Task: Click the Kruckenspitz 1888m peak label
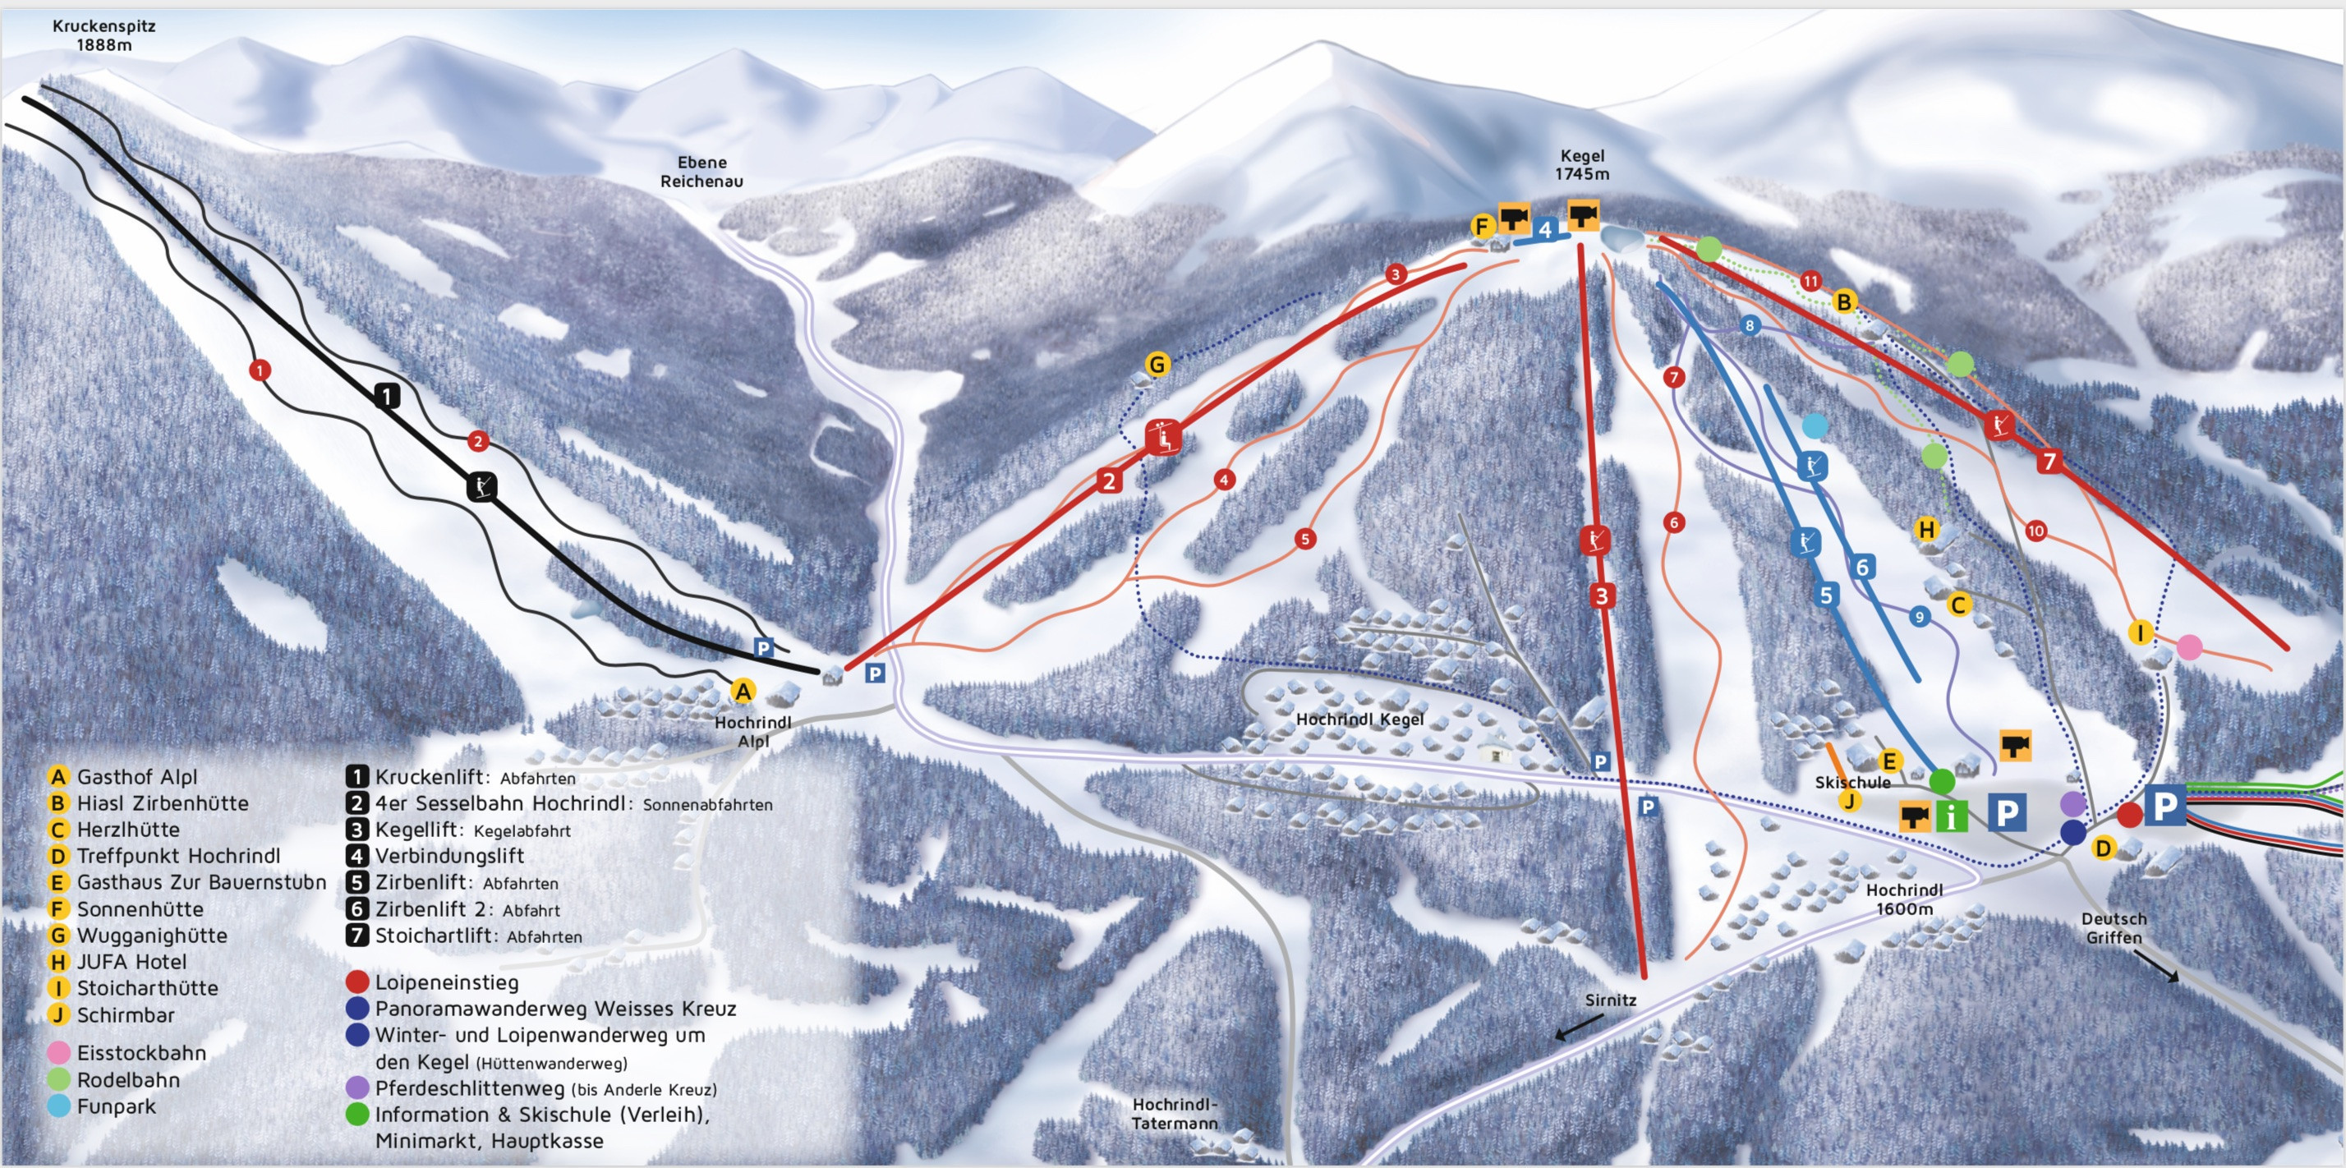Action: click(103, 34)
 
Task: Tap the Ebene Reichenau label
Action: click(701, 171)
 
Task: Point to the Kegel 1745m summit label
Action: click(1581, 165)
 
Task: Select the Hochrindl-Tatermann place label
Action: click(1175, 1113)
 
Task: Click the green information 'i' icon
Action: click(1951, 816)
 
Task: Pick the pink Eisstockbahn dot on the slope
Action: click(2189, 647)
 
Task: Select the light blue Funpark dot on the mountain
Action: click(1815, 425)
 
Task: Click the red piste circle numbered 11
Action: click(1810, 280)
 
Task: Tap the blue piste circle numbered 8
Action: click(1750, 326)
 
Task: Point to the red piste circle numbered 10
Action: click(2036, 531)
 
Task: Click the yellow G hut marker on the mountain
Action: click(1157, 365)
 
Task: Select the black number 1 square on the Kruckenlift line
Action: click(388, 395)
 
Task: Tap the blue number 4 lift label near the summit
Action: click(1544, 229)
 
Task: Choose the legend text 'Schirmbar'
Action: click(126, 1015)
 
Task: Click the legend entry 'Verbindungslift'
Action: click(449, 856)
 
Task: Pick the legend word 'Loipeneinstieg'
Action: click(446, 982)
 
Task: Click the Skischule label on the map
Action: click(1852, 782)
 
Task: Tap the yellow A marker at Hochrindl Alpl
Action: click(743, 692)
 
